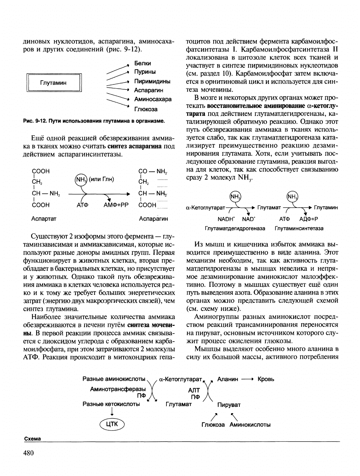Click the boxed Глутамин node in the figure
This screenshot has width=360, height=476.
tap(53, 83)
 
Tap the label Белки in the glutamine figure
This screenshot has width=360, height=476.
tap(142, 63)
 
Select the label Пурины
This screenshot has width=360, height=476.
tap(145, 72)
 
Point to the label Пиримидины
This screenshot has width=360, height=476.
tap(152, 81)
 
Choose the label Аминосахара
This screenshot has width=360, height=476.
tap(153, 99)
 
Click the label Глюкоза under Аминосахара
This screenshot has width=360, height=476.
tap(146, 109)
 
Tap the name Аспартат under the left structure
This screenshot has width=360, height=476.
tap(44, 219)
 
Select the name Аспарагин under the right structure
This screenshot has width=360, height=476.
tap(153, 219)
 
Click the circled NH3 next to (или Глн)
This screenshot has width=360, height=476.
tap(80, 180)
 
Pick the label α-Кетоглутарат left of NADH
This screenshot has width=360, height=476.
tap(205, 208)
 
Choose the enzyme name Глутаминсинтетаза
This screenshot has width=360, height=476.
tap(299, 228)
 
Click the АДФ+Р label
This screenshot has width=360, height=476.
tap(309, 219)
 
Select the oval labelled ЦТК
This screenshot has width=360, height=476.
tap(112, 424)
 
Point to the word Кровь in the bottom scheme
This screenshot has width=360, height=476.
tap(266, 379)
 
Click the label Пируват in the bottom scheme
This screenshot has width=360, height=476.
tap(229, 405)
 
